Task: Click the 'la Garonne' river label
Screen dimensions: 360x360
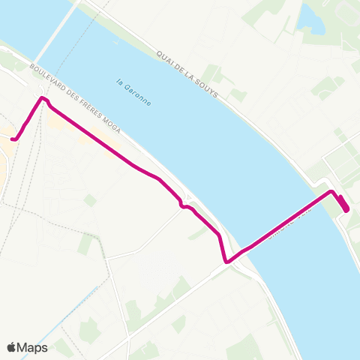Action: [x=133, y=92]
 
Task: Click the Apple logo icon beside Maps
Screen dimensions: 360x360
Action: [x=12, y=347]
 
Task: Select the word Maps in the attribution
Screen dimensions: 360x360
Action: [x=32, y=347]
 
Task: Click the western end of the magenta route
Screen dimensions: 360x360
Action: [x=13, y=138]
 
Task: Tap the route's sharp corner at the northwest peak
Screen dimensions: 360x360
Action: [x=43, y=98]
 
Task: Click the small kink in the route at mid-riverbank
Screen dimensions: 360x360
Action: [x=181, y=205]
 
